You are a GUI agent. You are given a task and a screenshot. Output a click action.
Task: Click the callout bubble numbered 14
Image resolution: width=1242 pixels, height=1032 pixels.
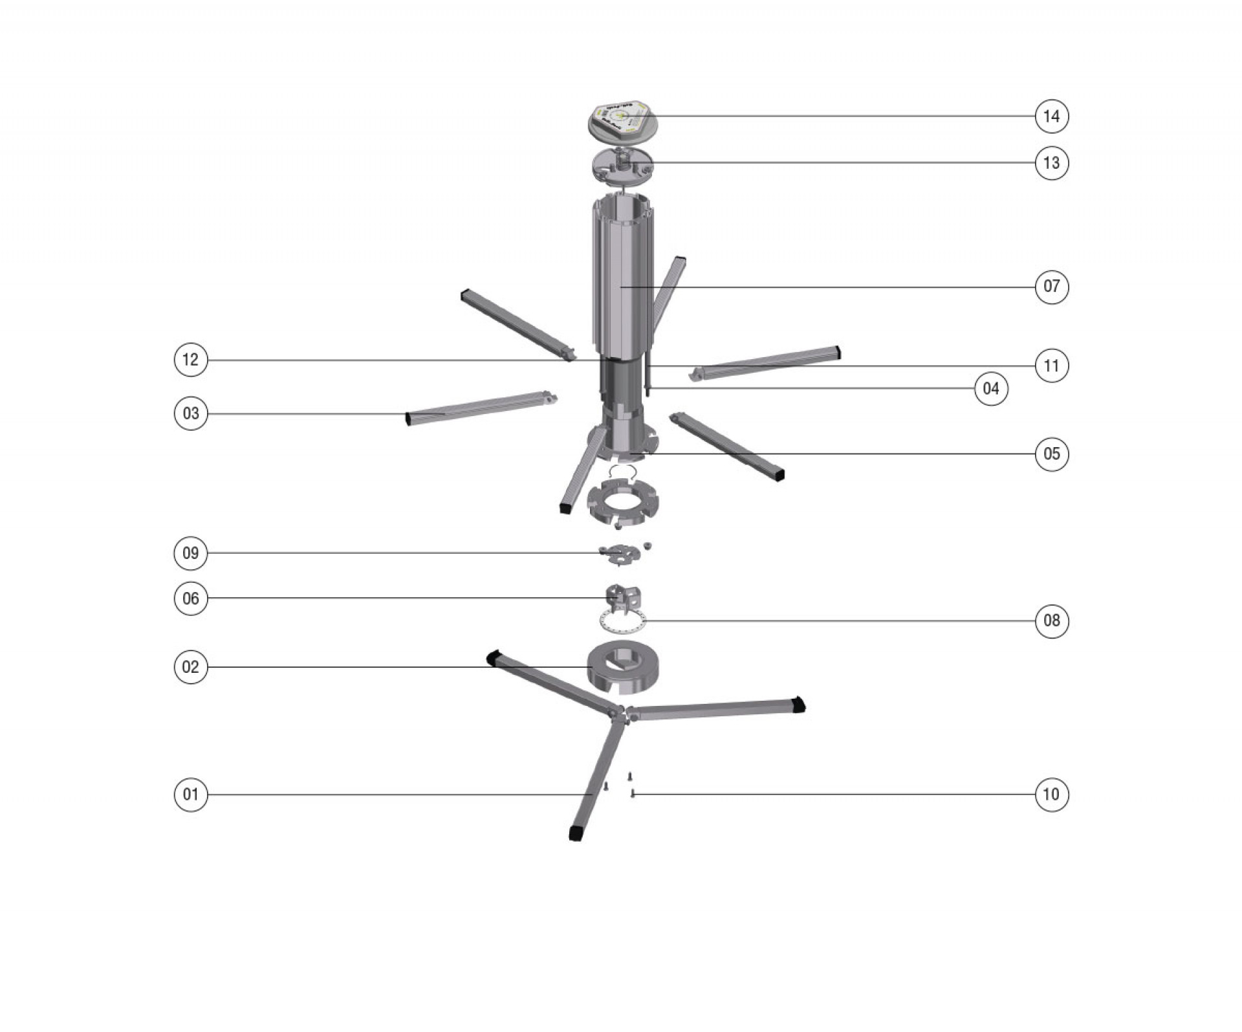coord(1051,116)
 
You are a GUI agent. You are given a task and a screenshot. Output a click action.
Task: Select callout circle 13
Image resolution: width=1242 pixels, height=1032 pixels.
coord(1051,163)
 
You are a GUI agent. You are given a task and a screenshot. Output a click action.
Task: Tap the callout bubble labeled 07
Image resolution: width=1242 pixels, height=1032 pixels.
coord(1051,286)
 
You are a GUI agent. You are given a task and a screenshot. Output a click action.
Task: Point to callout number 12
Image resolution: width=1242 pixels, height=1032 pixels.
coord(191,360)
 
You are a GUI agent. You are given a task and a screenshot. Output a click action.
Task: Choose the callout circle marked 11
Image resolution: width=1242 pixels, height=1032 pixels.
coord(1051,366)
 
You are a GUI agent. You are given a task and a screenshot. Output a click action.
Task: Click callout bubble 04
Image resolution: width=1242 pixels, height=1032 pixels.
coord(990,388)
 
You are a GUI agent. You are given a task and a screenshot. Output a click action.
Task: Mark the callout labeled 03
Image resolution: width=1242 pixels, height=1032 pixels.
coord(191,413)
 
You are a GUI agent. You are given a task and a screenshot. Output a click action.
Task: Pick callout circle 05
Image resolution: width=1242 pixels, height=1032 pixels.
coord(1051,454)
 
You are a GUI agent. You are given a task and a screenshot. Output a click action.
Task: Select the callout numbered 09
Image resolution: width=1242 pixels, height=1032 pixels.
coord(191,553)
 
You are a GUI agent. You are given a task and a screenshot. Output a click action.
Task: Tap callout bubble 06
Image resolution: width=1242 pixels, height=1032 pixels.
coord(191,598)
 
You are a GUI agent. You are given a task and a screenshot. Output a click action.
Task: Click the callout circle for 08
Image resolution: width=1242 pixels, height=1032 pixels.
coord(1051,621)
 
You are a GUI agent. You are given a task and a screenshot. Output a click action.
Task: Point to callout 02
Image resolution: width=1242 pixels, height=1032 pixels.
coord(191,667)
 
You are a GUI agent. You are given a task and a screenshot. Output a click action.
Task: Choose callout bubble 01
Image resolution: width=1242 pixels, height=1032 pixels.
coord(191,794)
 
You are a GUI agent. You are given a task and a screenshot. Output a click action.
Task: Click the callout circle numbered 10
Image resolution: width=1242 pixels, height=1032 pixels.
coord(1051,794)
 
